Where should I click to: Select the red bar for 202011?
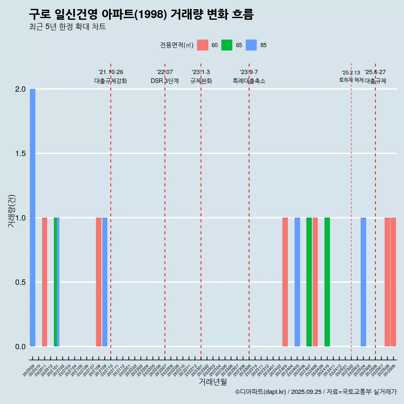point(45,282)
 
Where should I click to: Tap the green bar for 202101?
point(55,282)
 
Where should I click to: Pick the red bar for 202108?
point(98,282)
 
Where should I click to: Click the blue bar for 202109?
point(105,282)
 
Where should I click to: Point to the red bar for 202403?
point(285,282)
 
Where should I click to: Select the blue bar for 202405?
point(297,282)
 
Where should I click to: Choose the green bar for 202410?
point(327,282)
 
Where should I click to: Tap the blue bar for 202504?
point(363,282)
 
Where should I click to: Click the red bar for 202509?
point(393,282)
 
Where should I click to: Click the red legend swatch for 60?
point(203,45)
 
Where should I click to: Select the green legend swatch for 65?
point(227,45)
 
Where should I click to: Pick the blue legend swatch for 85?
point(251,45)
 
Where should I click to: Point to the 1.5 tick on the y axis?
point(20,154)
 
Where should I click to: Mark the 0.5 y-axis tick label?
point(20,282)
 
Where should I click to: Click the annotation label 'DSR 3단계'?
point(165,81)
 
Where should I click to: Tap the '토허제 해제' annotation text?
point(351,80)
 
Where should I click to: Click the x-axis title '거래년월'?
point(213,382)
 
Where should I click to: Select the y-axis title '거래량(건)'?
point(12,211)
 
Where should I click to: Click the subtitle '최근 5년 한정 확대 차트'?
point(67,27)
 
